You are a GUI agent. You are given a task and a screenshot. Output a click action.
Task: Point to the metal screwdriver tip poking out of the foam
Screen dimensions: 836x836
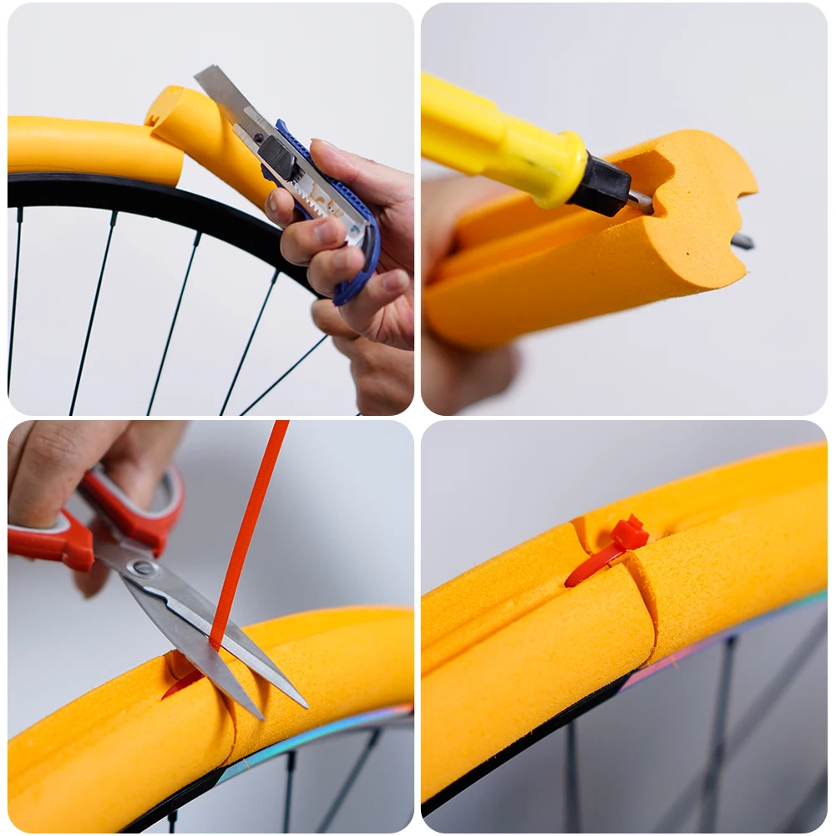click(x=742, y=242)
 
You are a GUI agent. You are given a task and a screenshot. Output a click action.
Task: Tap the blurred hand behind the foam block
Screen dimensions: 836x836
click(x=468, y=367)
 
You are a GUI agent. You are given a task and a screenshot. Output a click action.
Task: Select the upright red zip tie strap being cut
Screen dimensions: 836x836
click(x=251, y=518)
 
